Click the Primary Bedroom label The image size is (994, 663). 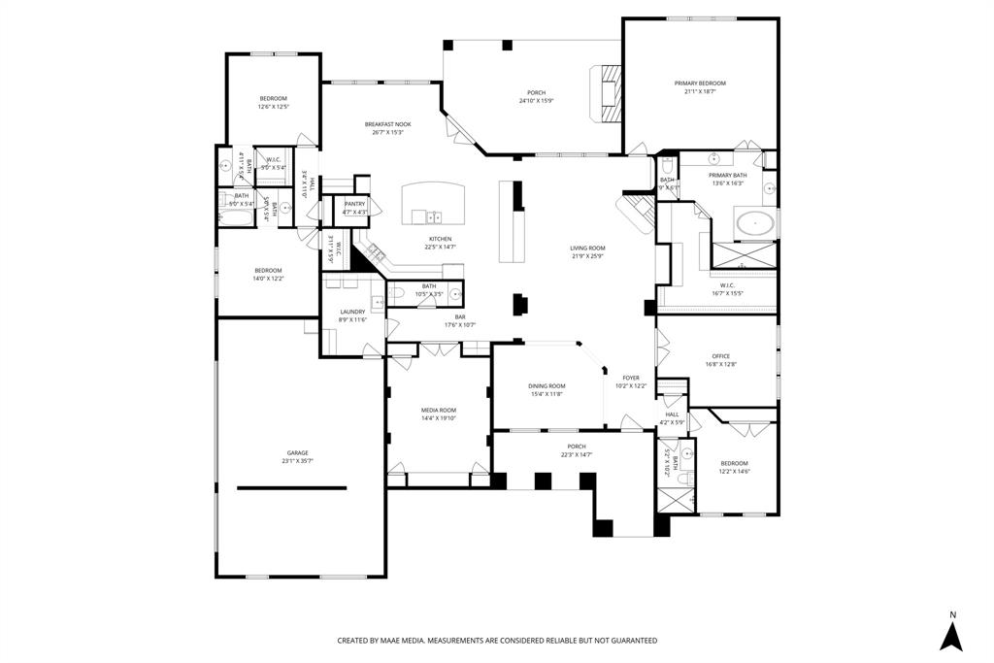[700, 83]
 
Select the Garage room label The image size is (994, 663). [297, 453]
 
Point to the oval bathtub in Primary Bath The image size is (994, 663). [755, 225]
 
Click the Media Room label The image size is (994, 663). [438, 410]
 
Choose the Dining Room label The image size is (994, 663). [547, 385]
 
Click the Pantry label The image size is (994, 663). [354, 204]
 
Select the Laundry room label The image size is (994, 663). [352, 312]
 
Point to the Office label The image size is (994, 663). [719, 356]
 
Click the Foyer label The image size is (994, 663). [631, 378]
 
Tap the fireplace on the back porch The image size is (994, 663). [607, 93]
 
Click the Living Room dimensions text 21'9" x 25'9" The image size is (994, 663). [587, 256]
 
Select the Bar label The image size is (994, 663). [460, 316]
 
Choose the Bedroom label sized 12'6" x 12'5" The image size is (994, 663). [273, 99]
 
